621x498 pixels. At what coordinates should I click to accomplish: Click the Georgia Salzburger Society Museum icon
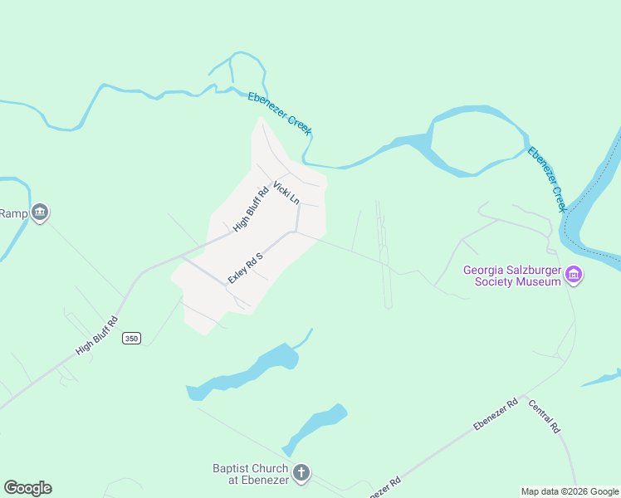coord(573,274)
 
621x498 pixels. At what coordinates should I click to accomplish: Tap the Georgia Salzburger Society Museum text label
coord(512,275)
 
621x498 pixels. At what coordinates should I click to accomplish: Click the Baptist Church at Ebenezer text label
coord(250,474)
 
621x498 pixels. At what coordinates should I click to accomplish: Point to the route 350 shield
coord(130,338)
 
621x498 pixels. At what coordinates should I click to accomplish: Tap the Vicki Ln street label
coord(286,193)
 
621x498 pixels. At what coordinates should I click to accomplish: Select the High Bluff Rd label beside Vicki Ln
coord(251,209)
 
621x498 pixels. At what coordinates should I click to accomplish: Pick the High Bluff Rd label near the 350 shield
coord(97,335)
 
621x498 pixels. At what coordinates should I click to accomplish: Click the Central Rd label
coord(544,418)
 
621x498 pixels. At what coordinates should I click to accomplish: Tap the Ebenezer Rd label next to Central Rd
coord(496,414)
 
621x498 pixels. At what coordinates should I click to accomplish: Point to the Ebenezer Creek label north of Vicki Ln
coord(280,113)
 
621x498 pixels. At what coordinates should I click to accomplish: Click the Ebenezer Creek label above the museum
coord(546,178)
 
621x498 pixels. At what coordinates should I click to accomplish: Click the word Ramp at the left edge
coord(13,213)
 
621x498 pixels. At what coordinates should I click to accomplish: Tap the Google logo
coord(27,488)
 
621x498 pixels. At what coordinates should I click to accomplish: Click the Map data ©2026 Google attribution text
coord(569,491)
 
